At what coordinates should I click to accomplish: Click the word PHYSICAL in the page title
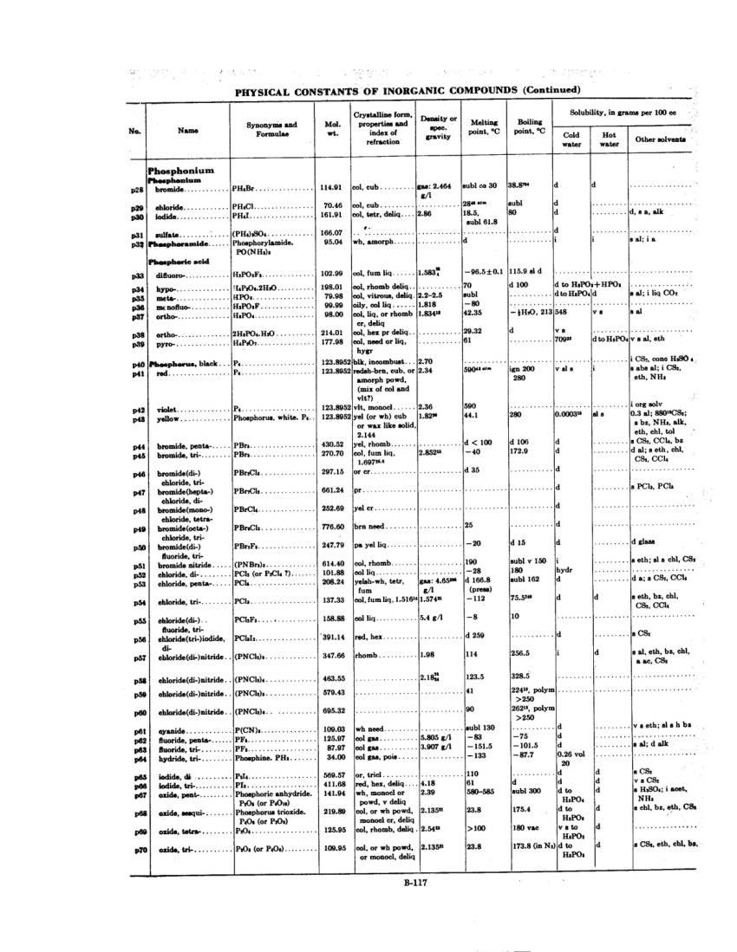[265, 90]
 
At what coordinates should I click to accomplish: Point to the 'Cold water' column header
[571, 139]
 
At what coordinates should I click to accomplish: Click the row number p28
[137, 188]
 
